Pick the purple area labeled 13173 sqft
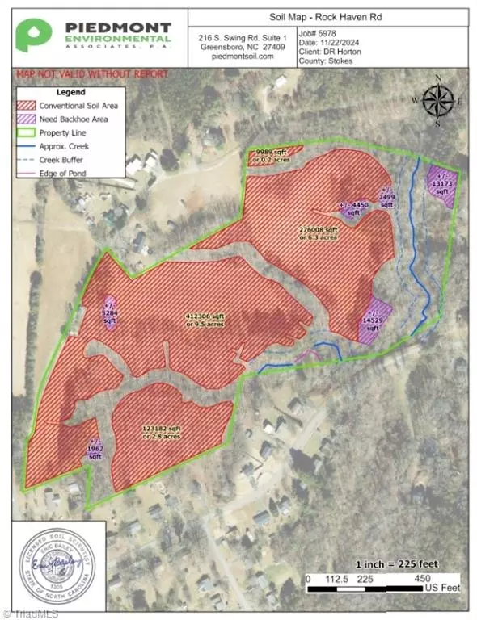(x=443, y=187)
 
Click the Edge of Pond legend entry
(x=69, y=173)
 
